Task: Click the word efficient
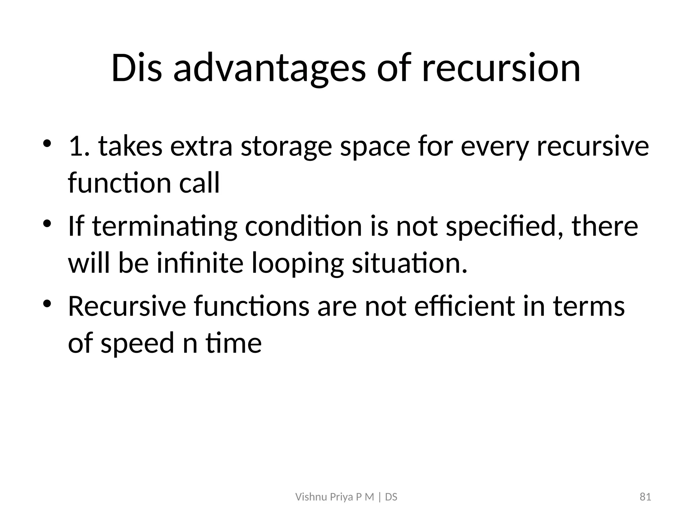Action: click(464, 306)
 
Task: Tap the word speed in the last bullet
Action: click(137, 343)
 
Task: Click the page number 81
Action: click(645, 497)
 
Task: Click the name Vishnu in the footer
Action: click(307, 497)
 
